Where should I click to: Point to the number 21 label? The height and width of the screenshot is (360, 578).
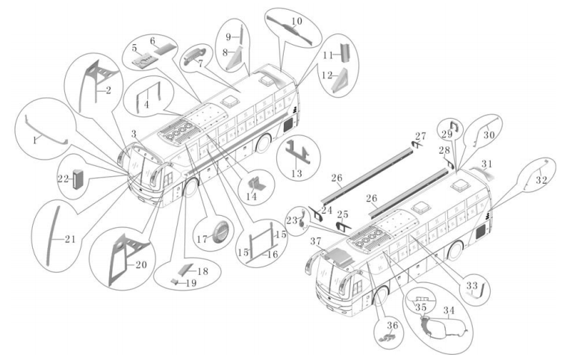pos(69,239)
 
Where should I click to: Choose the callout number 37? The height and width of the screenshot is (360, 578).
pos(315,241)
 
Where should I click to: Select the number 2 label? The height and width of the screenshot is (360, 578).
pos(109,90)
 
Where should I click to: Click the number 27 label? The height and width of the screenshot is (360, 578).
pos(420,137)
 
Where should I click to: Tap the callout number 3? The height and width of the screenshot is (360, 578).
pos(133,133)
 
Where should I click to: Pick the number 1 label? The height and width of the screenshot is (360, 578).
pos(34,140)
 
